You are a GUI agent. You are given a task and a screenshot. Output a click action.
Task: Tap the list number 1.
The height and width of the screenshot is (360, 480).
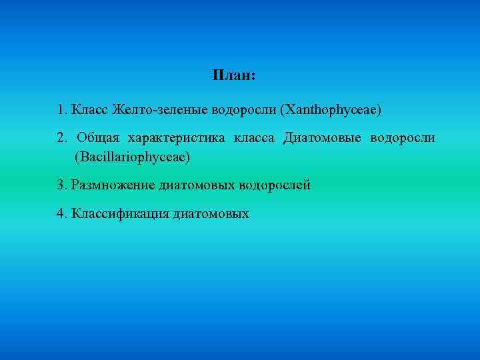[x=61, y=109]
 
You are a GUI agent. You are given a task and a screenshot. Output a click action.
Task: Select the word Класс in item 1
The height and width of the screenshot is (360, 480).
[x=90, y=109]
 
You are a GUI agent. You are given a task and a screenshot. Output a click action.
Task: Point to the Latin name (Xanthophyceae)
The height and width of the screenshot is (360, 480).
[x=331, y=109]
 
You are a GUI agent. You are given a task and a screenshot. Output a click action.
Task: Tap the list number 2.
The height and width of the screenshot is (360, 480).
[x=61, y=138]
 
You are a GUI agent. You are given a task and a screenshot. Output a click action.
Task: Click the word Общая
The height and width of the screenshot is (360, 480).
[x=98, y=138]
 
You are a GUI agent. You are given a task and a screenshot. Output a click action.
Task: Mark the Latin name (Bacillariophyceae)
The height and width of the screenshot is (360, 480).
[x=133, y=157]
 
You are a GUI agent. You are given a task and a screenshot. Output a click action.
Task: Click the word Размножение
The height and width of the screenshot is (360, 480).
[x=113, y=185]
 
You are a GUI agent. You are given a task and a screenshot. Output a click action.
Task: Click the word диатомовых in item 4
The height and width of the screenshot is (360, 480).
[x=211, y=214]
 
